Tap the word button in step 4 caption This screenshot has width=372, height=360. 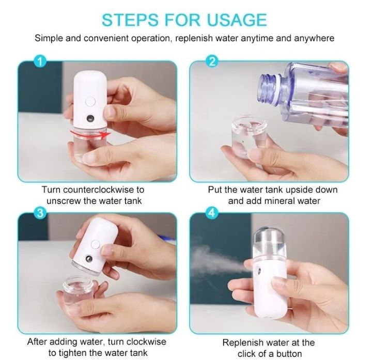coord(289,354)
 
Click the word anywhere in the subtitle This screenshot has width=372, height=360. coord(310,38)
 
